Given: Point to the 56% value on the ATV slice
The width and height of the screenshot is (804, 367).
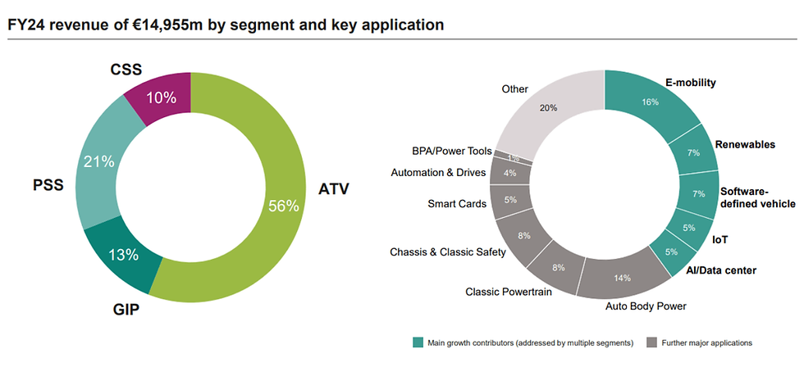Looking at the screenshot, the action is [283, 206].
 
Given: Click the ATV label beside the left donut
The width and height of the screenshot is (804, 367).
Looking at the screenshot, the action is [334, 189].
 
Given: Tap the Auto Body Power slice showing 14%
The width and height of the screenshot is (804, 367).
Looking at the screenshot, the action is [622, 277].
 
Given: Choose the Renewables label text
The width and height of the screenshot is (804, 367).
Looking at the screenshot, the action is [745, 145].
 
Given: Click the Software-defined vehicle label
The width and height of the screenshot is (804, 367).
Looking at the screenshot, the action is [758, 197].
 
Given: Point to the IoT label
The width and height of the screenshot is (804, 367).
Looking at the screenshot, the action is [720, 239].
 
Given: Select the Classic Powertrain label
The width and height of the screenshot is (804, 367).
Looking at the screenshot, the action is [509, 292].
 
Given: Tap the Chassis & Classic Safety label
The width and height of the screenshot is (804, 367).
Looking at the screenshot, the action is [448, 251].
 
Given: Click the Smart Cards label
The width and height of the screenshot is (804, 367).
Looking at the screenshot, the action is [457, 204].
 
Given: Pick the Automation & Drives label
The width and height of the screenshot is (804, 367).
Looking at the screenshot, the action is [438, 173].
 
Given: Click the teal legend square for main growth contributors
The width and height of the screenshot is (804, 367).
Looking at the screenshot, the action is [418, 342].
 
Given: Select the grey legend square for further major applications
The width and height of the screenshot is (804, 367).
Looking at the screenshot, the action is [651, 342].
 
